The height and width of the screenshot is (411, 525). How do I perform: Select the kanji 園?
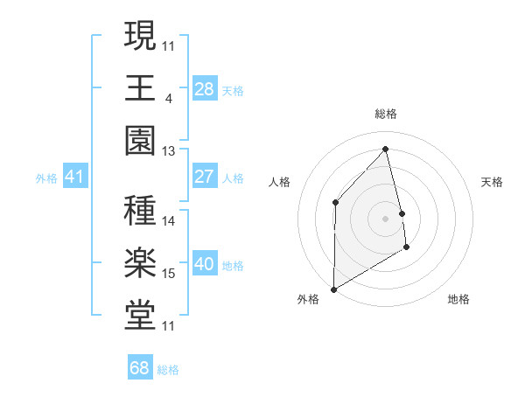pyautogui.click(x=140, y=142)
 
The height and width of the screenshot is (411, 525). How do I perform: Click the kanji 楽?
pyautogui.click(x=140, y=264)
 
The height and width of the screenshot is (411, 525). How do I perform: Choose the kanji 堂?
pyautogui.click(x=140, y=317)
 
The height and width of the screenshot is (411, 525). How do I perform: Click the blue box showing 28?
pyautogui.click(x=205, y=88)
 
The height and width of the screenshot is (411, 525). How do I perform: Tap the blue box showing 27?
pyautogui.click(x=205, y=177)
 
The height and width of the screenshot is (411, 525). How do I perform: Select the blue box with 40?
pyautogui.click(x=205, y=264)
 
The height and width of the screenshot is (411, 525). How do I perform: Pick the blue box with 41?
pyautogui.click(x=75, y=177)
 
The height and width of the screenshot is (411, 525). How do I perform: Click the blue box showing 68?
pyautogui.click(x=140, y=368)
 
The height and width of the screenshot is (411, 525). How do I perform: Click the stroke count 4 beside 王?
pyautogui.click(x=168, y=97)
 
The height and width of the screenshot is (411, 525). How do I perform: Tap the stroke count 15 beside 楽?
pyautogui.click(x=169, y=274)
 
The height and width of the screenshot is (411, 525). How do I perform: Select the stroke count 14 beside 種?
pyautogui.click(x=169, y=220)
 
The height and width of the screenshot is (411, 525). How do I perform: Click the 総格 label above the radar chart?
pyautogui.click(x=386, y=114)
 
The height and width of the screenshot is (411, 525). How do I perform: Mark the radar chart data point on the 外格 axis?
pyautogui.click(x=333, y=289)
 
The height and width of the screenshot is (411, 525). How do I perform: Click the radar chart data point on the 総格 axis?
pyautogui.click(x=386, y=149)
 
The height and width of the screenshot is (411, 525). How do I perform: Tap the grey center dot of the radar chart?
pyautogui.click(x=386, y=218)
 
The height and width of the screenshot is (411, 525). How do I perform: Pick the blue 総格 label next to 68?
pyautogui.click(x=168, y=370)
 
